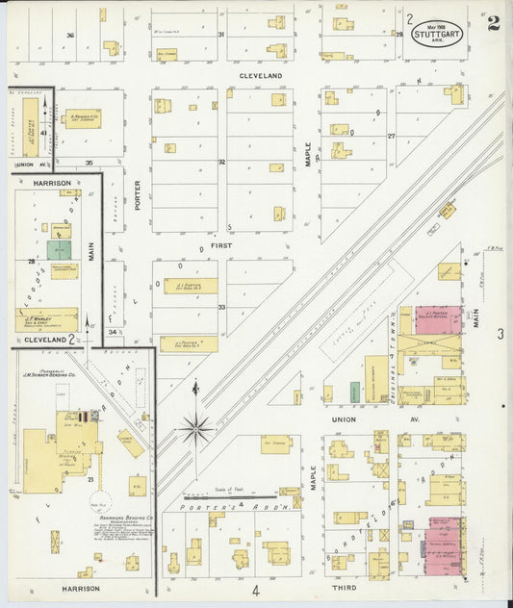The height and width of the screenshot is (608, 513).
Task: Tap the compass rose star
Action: point(195,427)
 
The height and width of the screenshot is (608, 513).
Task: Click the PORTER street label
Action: point(138,196)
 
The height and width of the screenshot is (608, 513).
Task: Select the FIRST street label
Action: point(223,246)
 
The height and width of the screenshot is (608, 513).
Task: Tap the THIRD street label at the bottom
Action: point(344,587)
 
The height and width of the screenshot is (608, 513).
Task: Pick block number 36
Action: point(69,36)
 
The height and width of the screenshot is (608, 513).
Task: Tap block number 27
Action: point(392,136)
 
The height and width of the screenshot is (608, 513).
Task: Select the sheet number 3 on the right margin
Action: point(500,334)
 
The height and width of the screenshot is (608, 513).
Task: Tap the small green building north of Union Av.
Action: point(355,392)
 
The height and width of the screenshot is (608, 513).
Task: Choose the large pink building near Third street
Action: point(446,546)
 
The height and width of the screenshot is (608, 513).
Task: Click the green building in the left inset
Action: point(59,249)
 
